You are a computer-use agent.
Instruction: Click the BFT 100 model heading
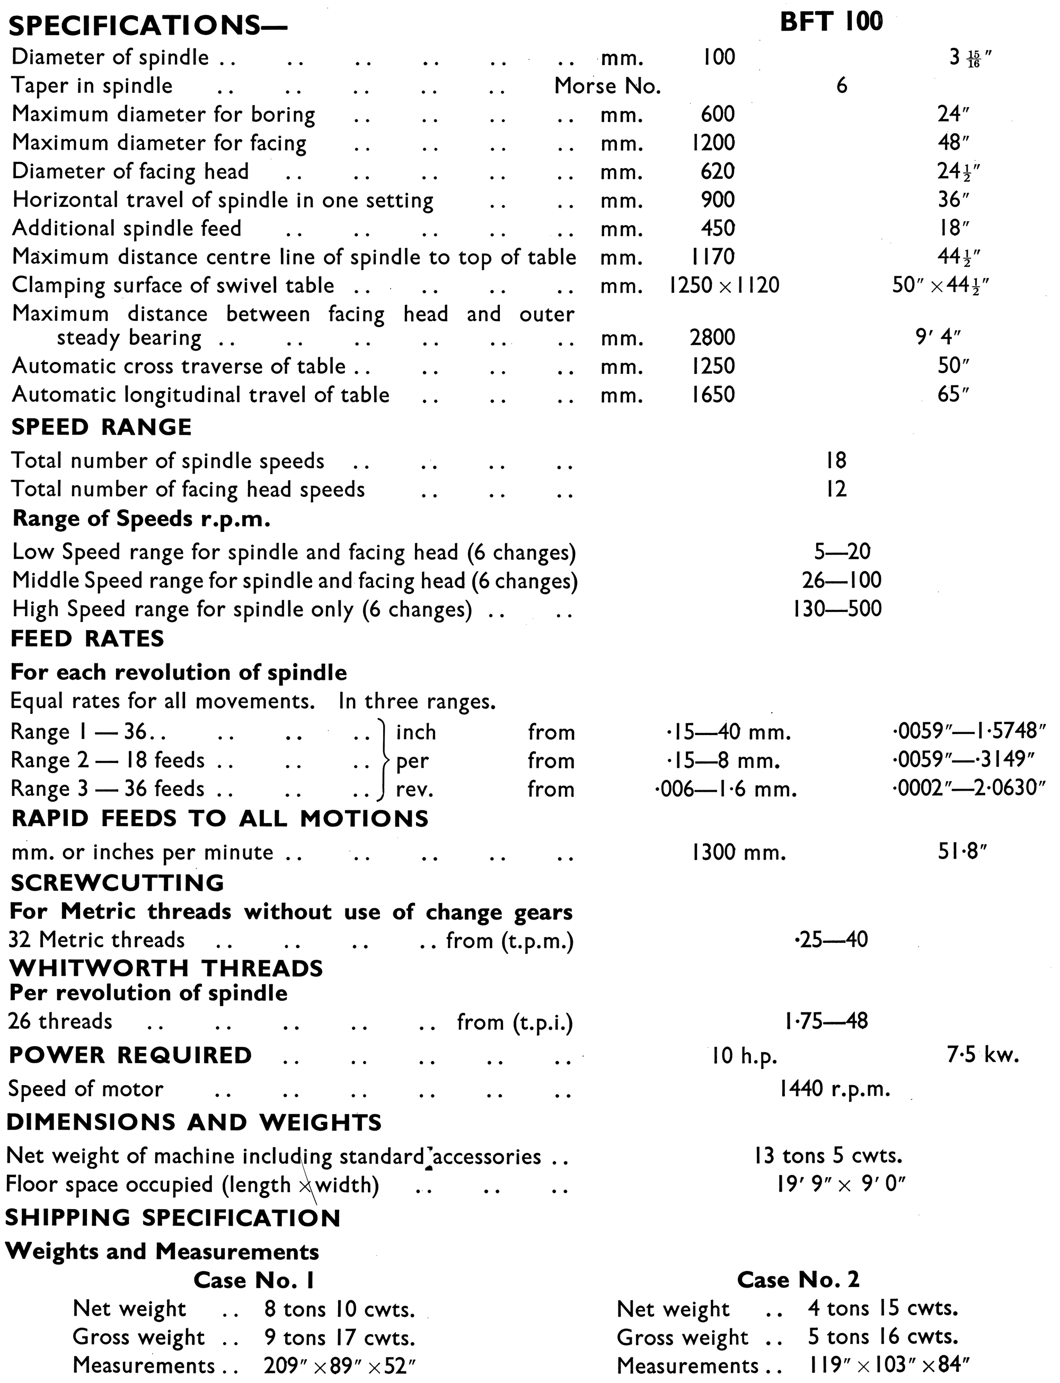[x=831, y=23]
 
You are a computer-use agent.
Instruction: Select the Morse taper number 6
[x=841, y=86]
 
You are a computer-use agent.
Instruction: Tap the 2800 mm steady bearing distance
[x=712, y=338]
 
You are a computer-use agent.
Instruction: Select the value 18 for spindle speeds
[x=836, y=461]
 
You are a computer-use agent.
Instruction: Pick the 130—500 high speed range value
[x=837, y=609]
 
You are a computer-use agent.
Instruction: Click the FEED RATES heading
[x=87, y=639]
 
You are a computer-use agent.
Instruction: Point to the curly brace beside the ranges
[x=382, y=760]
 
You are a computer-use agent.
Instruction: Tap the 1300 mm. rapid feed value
[x=738, y=853]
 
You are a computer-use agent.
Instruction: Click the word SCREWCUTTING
[x=117, y=882]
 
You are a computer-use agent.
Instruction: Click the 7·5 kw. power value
[x=983, y=1055]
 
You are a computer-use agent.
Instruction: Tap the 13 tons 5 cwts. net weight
[x=828, y=1156]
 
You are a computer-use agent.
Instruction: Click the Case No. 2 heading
[x=798, y=1280]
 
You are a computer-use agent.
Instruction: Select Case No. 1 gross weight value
[x=339, y=1337]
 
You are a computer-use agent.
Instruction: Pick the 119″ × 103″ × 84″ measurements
[x=888, y=1366]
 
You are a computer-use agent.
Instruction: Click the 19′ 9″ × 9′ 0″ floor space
[x=841, y=1185]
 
